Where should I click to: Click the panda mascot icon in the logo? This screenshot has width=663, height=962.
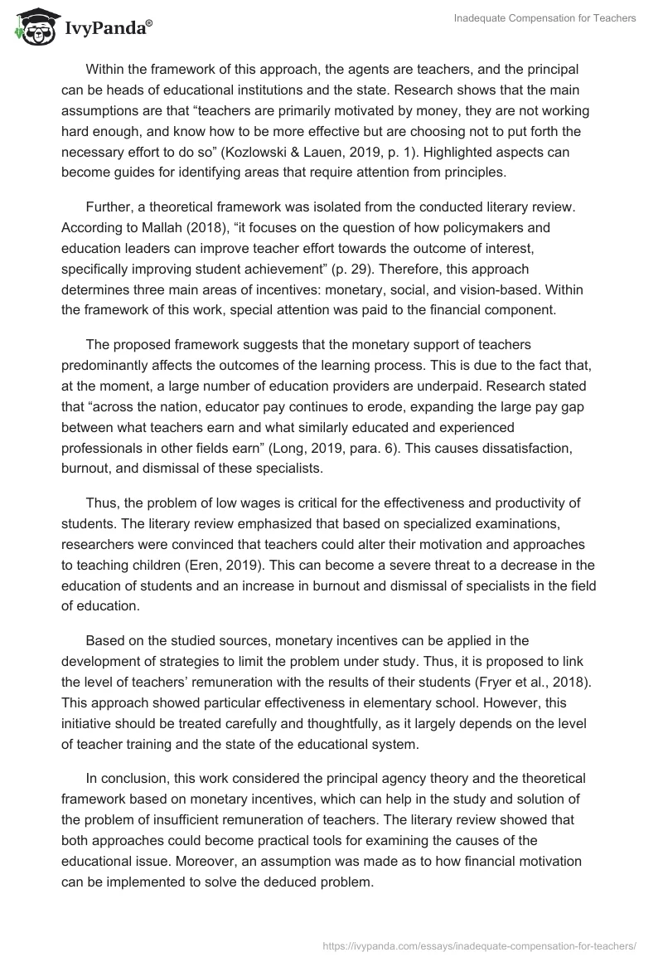tap(31, 27)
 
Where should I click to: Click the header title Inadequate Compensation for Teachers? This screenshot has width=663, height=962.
tap(545, 18)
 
